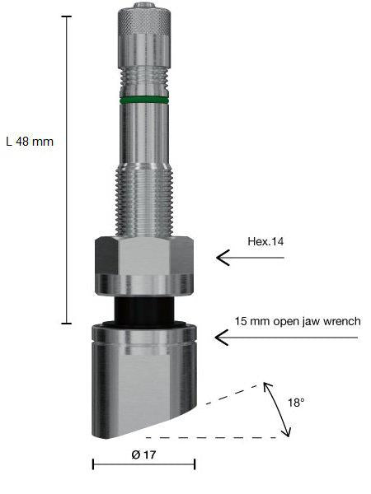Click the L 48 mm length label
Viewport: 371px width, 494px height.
click(29, 141)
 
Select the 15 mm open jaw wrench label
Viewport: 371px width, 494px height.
click(298, 320)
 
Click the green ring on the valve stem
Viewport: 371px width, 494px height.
click(143, 100)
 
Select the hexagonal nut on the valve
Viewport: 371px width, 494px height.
click(143, 263)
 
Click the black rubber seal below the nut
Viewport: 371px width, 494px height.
click(143, 310)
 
